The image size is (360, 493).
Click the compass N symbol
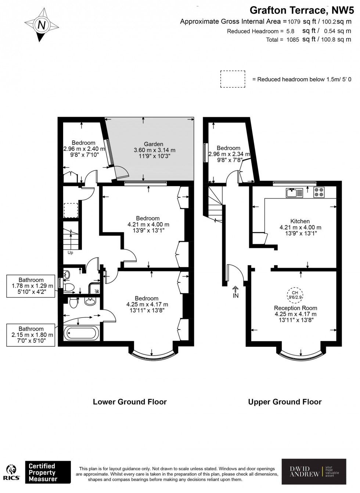pos(42,25)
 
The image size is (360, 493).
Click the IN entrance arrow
pos(235,292)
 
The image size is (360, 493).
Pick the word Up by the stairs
pos(70,253)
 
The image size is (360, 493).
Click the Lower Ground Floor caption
pos(130,402)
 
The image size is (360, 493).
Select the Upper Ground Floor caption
pos(285,402)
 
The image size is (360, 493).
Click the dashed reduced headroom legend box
pos(233,79)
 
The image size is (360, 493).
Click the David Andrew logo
pos(314,472)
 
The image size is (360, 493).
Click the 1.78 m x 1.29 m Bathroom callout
pos(31,286)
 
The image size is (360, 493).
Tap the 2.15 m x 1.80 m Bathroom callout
pos(31,335)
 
